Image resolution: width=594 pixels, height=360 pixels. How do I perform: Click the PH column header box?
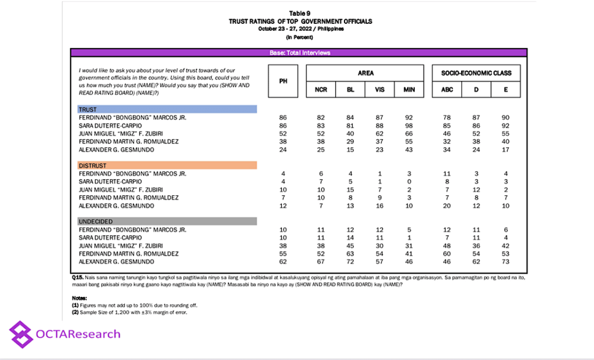pyautogui.click(x=284, y=81)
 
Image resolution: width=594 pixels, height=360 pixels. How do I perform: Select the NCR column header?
pyautogui.click(x=321, y=90)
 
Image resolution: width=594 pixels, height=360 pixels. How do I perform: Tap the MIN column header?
pyautogui.click(x=409, y=90)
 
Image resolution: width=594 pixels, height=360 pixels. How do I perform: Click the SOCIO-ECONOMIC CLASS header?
pyautogui.click(x=476, y=73)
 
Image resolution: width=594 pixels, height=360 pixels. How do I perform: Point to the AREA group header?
pyautogui.click(x=365, y=73)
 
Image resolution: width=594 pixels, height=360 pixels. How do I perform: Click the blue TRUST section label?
pyautogui.click(x=167, y=109)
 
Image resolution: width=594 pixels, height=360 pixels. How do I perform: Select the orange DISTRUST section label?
pyautogui.click(x=167, y=165)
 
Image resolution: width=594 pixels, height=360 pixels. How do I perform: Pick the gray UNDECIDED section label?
pyautogui.click(x=167, y=221)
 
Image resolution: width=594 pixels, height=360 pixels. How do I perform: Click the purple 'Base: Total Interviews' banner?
pyautogui.click(x=299, y=53)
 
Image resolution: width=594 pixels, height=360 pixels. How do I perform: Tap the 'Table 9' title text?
pyautogui.click(x=300, y=13)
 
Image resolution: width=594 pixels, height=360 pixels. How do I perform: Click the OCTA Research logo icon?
pyautogui.click(x=21, y=334)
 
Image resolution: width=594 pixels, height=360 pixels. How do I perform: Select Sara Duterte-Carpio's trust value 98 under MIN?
pyautogui.click(x=409, y=125)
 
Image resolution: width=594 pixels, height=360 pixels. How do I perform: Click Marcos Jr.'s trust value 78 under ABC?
pyautogui.click(x=447, y=117)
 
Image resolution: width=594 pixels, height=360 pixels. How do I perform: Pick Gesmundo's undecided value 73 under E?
pyautogui.click(x=506, y=261)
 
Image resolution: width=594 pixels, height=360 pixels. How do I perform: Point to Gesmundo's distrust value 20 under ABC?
pyautogui.click(x=447, y=205)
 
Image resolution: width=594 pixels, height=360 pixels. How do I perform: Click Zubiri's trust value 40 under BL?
pyautogui.click(x=350, y=133)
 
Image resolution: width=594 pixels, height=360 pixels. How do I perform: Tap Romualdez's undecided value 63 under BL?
pyautogui.click(x=350, y=253)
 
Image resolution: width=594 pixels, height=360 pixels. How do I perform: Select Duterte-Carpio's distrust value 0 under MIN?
pyautogui.click(x=409, y=181)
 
